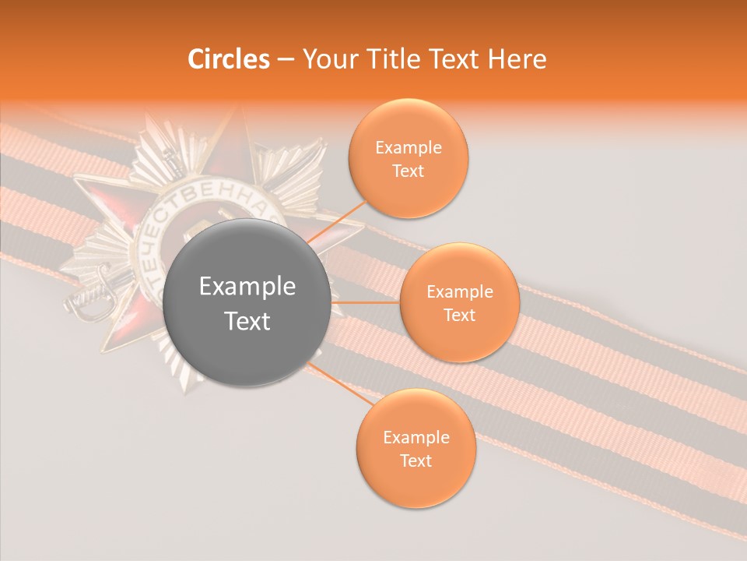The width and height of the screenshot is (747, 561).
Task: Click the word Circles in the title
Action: pos(229,59)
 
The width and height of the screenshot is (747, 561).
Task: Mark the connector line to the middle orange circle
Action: pos(365,302)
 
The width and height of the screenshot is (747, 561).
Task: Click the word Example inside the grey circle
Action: pos(247,287)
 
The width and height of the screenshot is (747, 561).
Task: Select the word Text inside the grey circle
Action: pos(247,321)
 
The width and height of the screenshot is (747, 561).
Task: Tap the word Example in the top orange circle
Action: pos(409,148)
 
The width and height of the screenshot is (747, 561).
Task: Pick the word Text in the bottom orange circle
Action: pos(416,460)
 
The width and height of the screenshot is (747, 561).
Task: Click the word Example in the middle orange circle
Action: pos(460,292)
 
